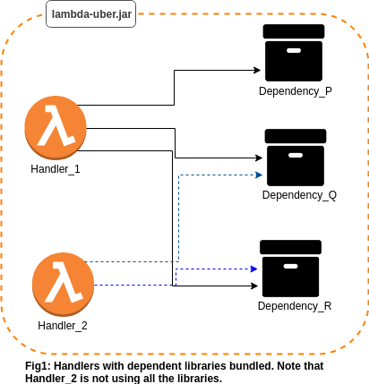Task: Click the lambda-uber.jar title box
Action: coord(90,14)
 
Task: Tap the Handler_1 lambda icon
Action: coord(56,128)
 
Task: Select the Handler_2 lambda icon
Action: coord(63,285)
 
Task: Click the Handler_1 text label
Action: coord(56,169)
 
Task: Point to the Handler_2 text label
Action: coord(63,326)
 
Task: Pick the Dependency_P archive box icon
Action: coord(294,53)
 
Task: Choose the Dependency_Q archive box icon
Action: coord(296,158)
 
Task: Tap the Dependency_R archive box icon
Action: coord(291,269)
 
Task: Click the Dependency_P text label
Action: coord(296,91)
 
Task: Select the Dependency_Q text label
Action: coord(299,195)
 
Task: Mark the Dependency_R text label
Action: coord(295,306)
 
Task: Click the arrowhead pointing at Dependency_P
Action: coord(257,71)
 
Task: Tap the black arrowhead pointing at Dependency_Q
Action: coord(259,158)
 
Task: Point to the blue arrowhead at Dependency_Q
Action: coord(259,175)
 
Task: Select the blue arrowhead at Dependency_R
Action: coord(254,269)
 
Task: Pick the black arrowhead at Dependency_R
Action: coord(254,286)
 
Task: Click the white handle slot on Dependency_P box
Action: coord(294,50)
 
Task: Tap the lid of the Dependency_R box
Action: coord(291,247)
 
